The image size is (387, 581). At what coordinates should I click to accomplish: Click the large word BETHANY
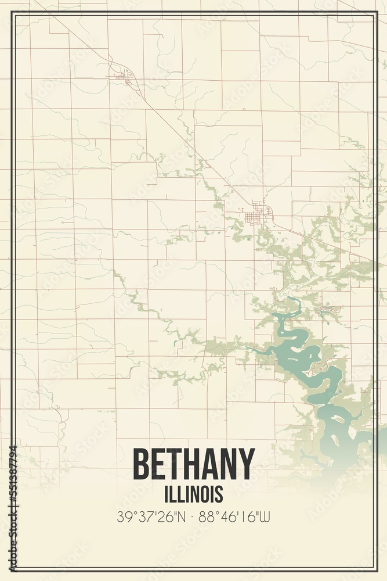[x=194, y=465]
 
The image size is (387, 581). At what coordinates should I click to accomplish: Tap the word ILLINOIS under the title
[x=194, y=494]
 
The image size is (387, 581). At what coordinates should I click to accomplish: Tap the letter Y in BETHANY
[x=246, y=465]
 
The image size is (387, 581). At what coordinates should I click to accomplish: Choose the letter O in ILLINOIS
[x=203, y=494]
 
